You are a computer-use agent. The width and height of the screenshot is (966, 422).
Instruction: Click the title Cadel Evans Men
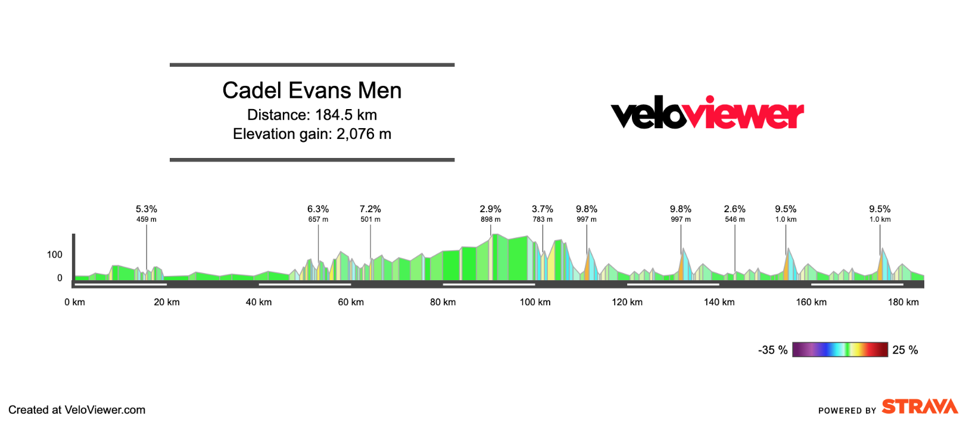pos(311,91)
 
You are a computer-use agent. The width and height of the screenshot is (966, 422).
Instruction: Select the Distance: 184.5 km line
pos(311,115)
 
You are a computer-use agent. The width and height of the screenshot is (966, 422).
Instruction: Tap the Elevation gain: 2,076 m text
pos(311,134)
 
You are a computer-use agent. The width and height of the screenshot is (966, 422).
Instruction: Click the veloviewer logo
pos(707,113)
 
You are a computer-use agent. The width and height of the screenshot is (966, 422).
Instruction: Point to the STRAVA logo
pos(920,407)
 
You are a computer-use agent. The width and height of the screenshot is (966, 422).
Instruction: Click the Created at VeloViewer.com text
pos(77,410)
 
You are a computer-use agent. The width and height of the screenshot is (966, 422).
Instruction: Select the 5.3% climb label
pos(147,209)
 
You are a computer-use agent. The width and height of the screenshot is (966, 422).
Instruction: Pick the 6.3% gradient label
pos(318,209)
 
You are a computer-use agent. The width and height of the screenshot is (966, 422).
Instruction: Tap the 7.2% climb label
pos(370,209)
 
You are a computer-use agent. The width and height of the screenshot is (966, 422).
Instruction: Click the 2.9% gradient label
pos(490,209)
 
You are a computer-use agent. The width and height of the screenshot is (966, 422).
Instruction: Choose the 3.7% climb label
pos(542,209)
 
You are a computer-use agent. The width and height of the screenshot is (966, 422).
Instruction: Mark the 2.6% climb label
pos(734,209)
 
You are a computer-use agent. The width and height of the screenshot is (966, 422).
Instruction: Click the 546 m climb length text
pos(734,219)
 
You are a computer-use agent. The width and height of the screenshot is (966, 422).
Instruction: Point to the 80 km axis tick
pos(443,302)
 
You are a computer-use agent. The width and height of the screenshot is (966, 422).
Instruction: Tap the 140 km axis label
pos(719,302)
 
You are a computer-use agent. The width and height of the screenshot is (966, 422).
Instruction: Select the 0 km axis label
pos(74,302)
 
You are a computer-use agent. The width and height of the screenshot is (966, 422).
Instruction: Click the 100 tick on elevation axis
pos(55,255)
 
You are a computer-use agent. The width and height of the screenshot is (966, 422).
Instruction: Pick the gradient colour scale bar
pos(840,350)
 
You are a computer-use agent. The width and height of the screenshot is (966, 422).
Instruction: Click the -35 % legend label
pos(772,350)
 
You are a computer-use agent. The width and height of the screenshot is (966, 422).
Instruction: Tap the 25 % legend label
pos(905,350)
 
